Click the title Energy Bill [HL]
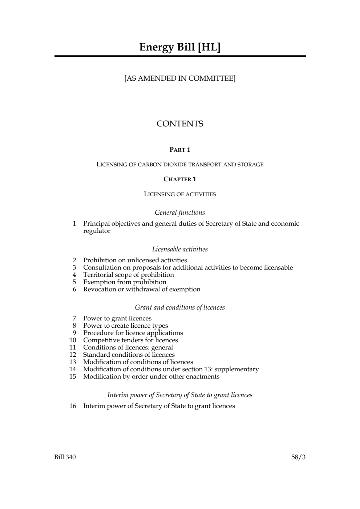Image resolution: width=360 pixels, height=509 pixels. [x=180, y=47]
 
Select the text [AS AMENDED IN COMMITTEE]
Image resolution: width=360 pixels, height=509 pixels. [x=180, y=78]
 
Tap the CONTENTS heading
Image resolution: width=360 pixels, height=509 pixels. [x=180, y=124]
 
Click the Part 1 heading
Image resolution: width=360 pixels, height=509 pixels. [x=180, y=150]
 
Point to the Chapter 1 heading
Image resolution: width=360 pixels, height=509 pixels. [x=180, y=179]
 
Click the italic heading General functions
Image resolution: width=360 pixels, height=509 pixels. [x=180, y=213]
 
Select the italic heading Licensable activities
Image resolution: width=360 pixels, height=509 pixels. [x=180, y=249]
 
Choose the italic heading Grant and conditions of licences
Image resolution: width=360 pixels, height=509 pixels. [x=180, y=307]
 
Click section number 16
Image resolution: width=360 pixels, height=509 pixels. [x=73, y=406]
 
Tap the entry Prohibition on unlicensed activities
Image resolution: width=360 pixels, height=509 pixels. [x=135, y=260]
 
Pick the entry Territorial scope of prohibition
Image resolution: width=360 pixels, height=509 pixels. [x=129, y=275]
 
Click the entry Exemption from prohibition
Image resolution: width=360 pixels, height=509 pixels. [x=125, y=282]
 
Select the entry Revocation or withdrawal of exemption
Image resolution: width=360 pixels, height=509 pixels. [x=142, y=289]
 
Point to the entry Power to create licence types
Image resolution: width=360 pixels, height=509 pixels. [x=125, y=326]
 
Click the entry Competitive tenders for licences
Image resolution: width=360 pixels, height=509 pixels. [x=130, y=340]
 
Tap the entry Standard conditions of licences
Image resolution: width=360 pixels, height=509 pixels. [x=129, y=355]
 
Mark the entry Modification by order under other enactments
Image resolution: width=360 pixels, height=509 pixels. [x=151, y=376]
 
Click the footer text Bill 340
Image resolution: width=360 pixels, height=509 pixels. [x=65, y=457]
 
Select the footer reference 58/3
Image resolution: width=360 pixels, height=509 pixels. [x=298, y=457]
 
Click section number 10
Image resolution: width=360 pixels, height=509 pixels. [x=73, y=340]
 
